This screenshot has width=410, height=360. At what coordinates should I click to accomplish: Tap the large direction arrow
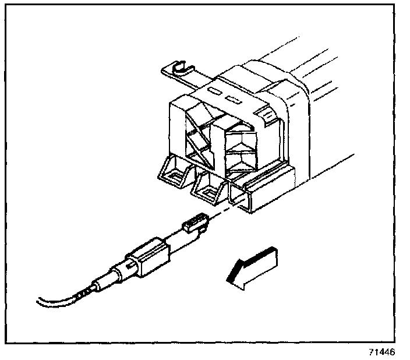tap(251, 267)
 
